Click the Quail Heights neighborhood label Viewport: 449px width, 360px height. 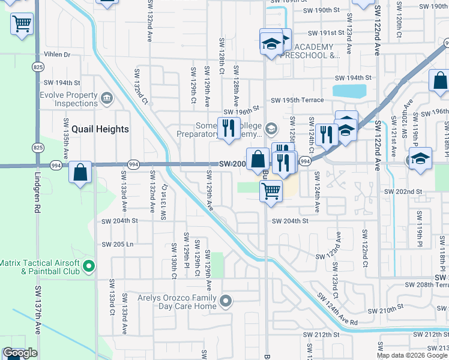(100, 129)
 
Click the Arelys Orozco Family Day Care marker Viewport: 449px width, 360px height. (226, 301)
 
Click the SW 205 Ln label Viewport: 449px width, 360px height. (117, 244)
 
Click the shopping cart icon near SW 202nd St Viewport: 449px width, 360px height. (271, 191)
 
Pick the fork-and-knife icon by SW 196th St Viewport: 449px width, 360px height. (228, 128)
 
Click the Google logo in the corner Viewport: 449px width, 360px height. (20, 353)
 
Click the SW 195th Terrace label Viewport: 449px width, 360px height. (297, 100)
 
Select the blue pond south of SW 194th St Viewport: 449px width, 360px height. (349, 91)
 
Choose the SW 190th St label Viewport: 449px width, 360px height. (322, 10)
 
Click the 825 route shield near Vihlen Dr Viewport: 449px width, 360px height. (38, 67)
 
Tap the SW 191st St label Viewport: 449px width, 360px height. (325, 33)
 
